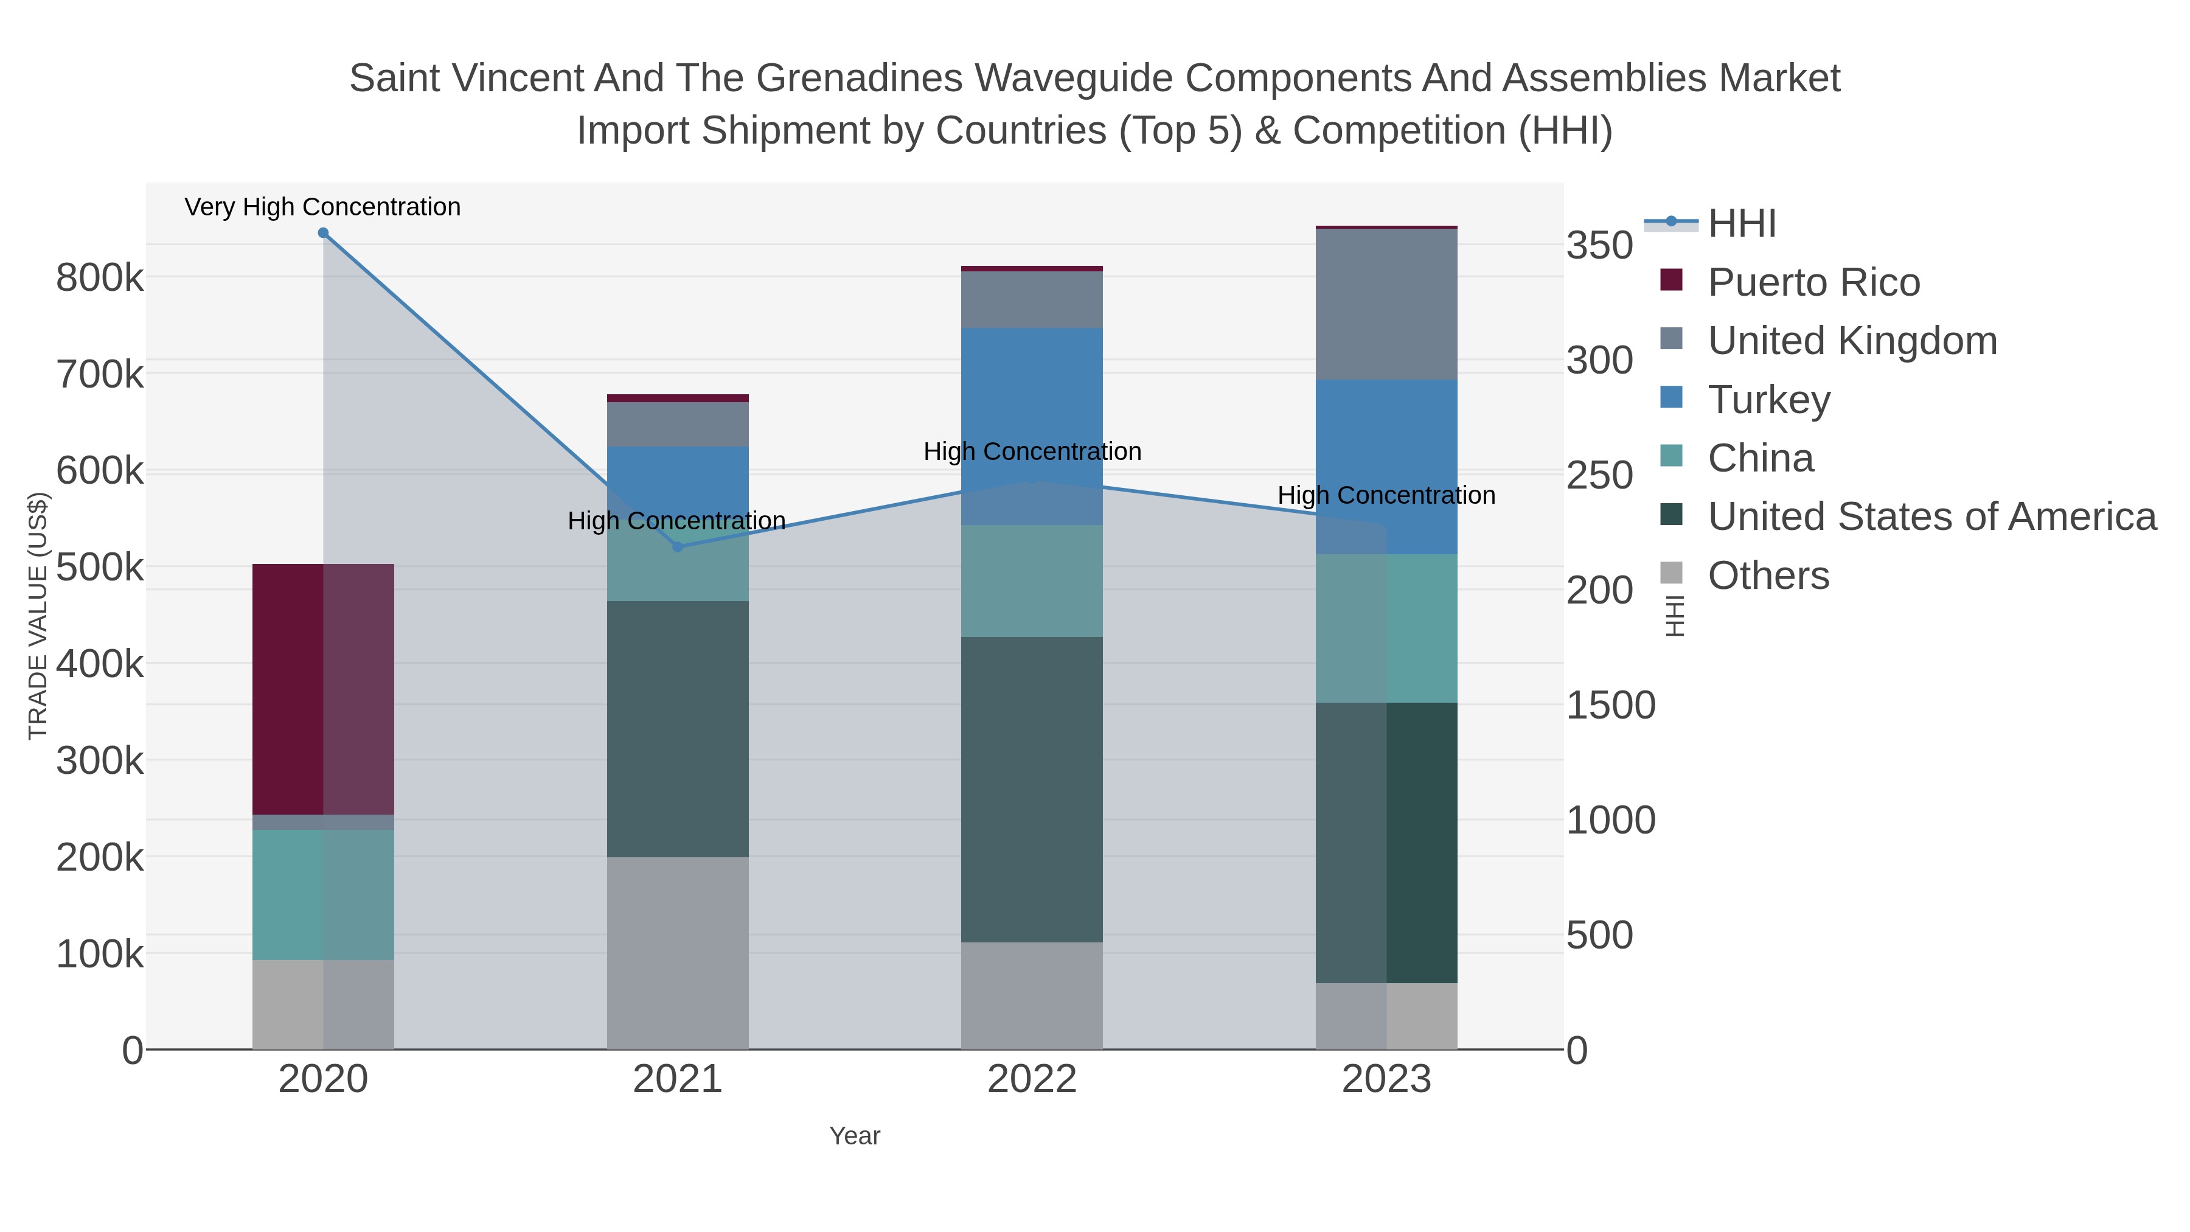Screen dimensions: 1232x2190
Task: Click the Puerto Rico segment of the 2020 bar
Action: pos(323,689)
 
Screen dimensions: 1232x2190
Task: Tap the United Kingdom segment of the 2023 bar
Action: pos(1386,304)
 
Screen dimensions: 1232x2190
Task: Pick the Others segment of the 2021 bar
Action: pos(678,952)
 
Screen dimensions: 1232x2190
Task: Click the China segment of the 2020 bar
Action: pos(323,894)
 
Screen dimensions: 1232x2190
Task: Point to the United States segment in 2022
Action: pos(1031,789)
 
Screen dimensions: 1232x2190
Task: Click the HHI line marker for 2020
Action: pos(323,233)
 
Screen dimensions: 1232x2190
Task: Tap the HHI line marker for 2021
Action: pos(678,547)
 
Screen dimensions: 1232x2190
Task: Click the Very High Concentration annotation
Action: pos(322,207)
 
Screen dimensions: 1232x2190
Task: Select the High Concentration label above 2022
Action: pos(1032,451)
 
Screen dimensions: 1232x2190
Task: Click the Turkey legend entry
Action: pos(1768,400)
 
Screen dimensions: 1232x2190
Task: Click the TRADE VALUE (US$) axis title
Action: pos(38,616)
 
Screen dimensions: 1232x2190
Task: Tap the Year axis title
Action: pos(855,1136)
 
